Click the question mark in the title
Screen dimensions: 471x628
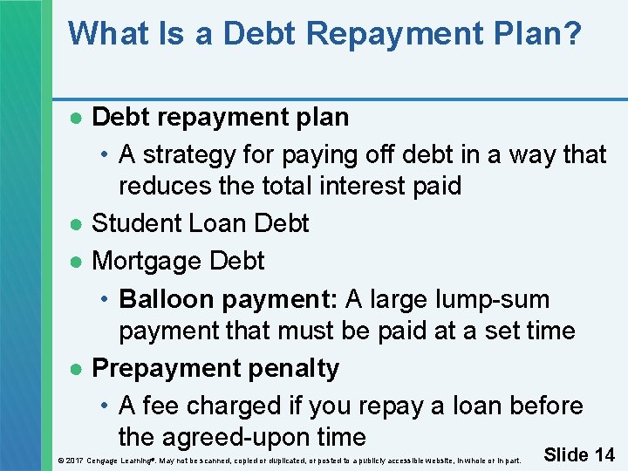click(x=571, y=34)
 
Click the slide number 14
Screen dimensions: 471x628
click(x=604, y=454)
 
